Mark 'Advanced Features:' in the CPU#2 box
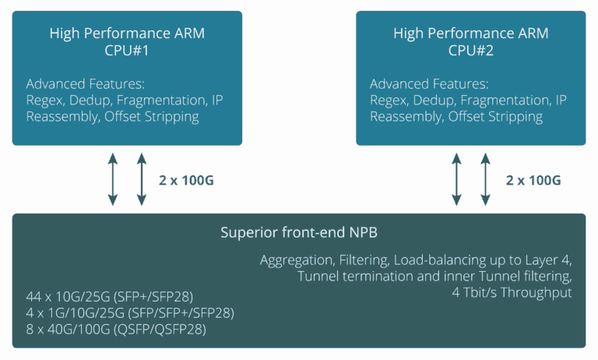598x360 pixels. [429, 84]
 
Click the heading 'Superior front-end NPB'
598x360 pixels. [299, 232]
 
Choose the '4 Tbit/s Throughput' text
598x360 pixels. [512, 292]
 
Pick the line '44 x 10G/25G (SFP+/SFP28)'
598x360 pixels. [109, 297]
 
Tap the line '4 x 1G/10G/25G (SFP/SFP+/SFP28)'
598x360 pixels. [129, 312]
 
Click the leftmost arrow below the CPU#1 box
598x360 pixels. [113, 178]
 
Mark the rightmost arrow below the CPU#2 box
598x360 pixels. [485, 178]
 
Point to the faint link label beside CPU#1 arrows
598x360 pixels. [187, 180]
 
